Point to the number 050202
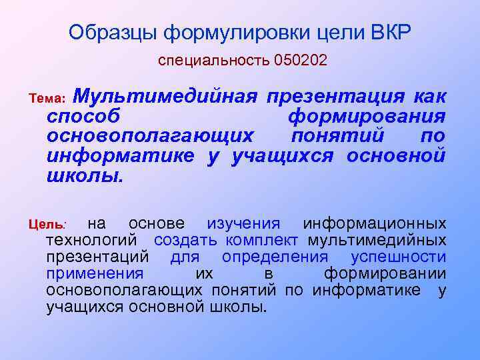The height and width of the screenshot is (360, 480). click(x=300, y=61)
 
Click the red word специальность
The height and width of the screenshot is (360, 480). click(x=214, y=61)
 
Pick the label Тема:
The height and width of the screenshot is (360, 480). click(x=47, y=99)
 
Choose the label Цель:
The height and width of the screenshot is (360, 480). click(x=45, y=225)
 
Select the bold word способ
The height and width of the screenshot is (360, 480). click(x=83, y=117)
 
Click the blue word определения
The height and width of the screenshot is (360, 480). click(x=275, y=257)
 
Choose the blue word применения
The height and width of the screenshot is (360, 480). click(x=95, y=274)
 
